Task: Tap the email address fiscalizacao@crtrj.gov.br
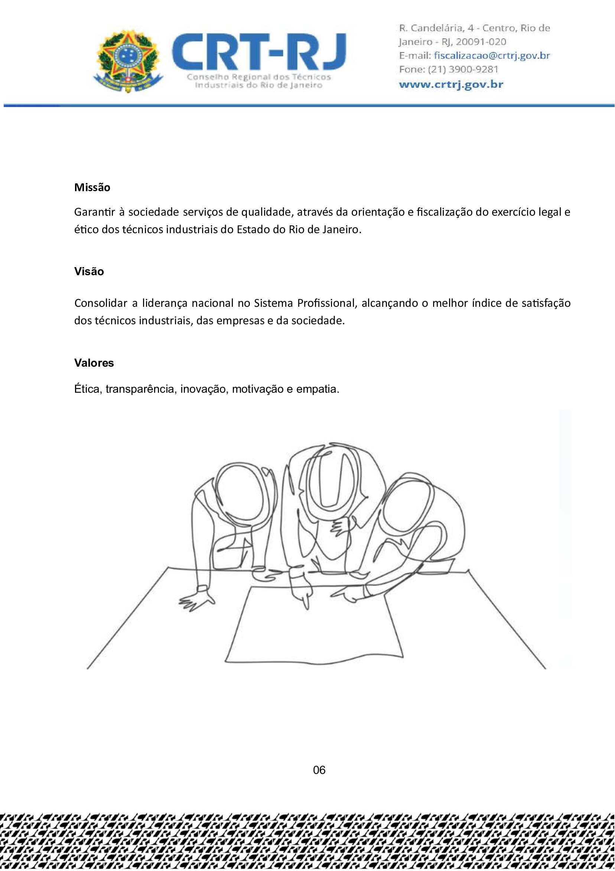point(492,56)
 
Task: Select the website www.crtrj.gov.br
point(451,84)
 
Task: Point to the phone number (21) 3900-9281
point(463,70)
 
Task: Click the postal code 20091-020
point(481,42)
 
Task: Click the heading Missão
point(92,187)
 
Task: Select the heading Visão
point(89,271)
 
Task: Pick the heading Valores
point(94,363)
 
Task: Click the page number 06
point(319,770)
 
